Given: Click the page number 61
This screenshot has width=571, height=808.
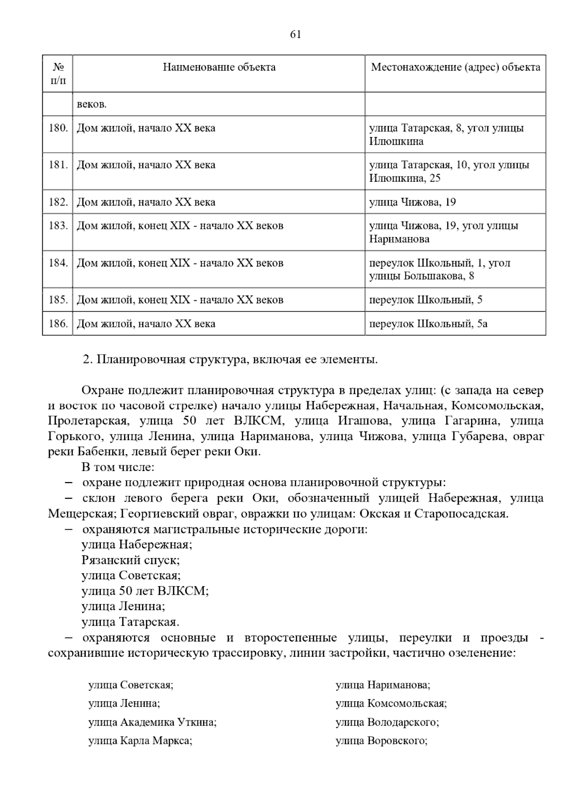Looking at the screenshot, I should [x=295, y=35].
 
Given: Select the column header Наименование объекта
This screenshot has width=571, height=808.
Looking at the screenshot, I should [x=219, y=67].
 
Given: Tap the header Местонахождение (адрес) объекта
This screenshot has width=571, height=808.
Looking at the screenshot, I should [x=455, y=67].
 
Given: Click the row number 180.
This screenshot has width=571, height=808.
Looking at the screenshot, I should [x=58, y=128].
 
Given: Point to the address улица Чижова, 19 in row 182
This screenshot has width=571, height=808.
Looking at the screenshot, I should [x=412, y=202].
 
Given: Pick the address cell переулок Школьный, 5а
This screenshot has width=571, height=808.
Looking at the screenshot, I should [x=428, y=324].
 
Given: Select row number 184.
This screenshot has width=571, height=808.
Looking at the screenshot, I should [x=58, y=263].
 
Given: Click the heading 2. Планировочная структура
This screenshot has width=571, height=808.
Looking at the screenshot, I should [x=230, y=360].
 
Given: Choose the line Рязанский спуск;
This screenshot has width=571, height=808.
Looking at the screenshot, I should [x=130, y=560].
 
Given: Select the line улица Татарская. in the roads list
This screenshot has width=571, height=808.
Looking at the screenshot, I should [x=130, y=622].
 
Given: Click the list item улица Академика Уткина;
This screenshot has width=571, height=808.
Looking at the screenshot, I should [x=152, y=722].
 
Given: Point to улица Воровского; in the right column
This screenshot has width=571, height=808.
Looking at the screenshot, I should [x=381, y=741].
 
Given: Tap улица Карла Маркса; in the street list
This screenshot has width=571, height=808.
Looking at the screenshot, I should [x=140, y=741].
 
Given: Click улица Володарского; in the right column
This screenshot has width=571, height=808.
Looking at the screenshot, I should [x=387, y=722].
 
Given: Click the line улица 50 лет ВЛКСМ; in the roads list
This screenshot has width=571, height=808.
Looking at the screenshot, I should [x=145, y=591].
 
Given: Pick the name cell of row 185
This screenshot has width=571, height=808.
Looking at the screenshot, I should [x=180, y=300].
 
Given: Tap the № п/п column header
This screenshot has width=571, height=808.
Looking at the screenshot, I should [x=58, y=73].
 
